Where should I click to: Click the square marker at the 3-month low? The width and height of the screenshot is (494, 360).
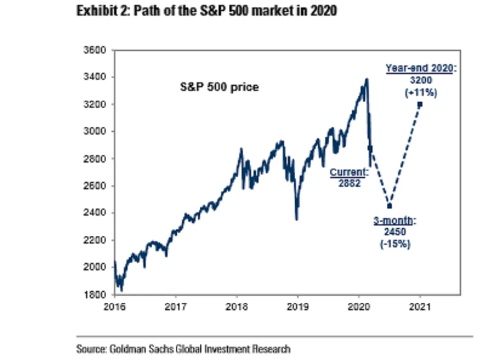(x=389, y=206)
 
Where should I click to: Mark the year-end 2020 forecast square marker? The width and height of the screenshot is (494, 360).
(x=420, y=105)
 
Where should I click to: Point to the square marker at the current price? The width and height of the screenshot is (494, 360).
(x=370, y=148)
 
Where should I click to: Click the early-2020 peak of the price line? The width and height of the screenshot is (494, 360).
(x=367, y=79)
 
